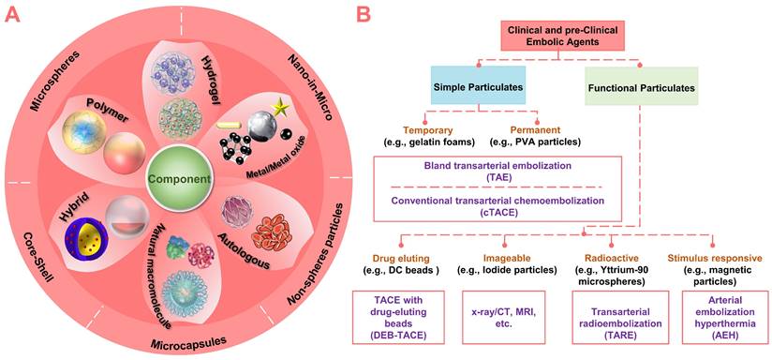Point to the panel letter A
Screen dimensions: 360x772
click(12, 14)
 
